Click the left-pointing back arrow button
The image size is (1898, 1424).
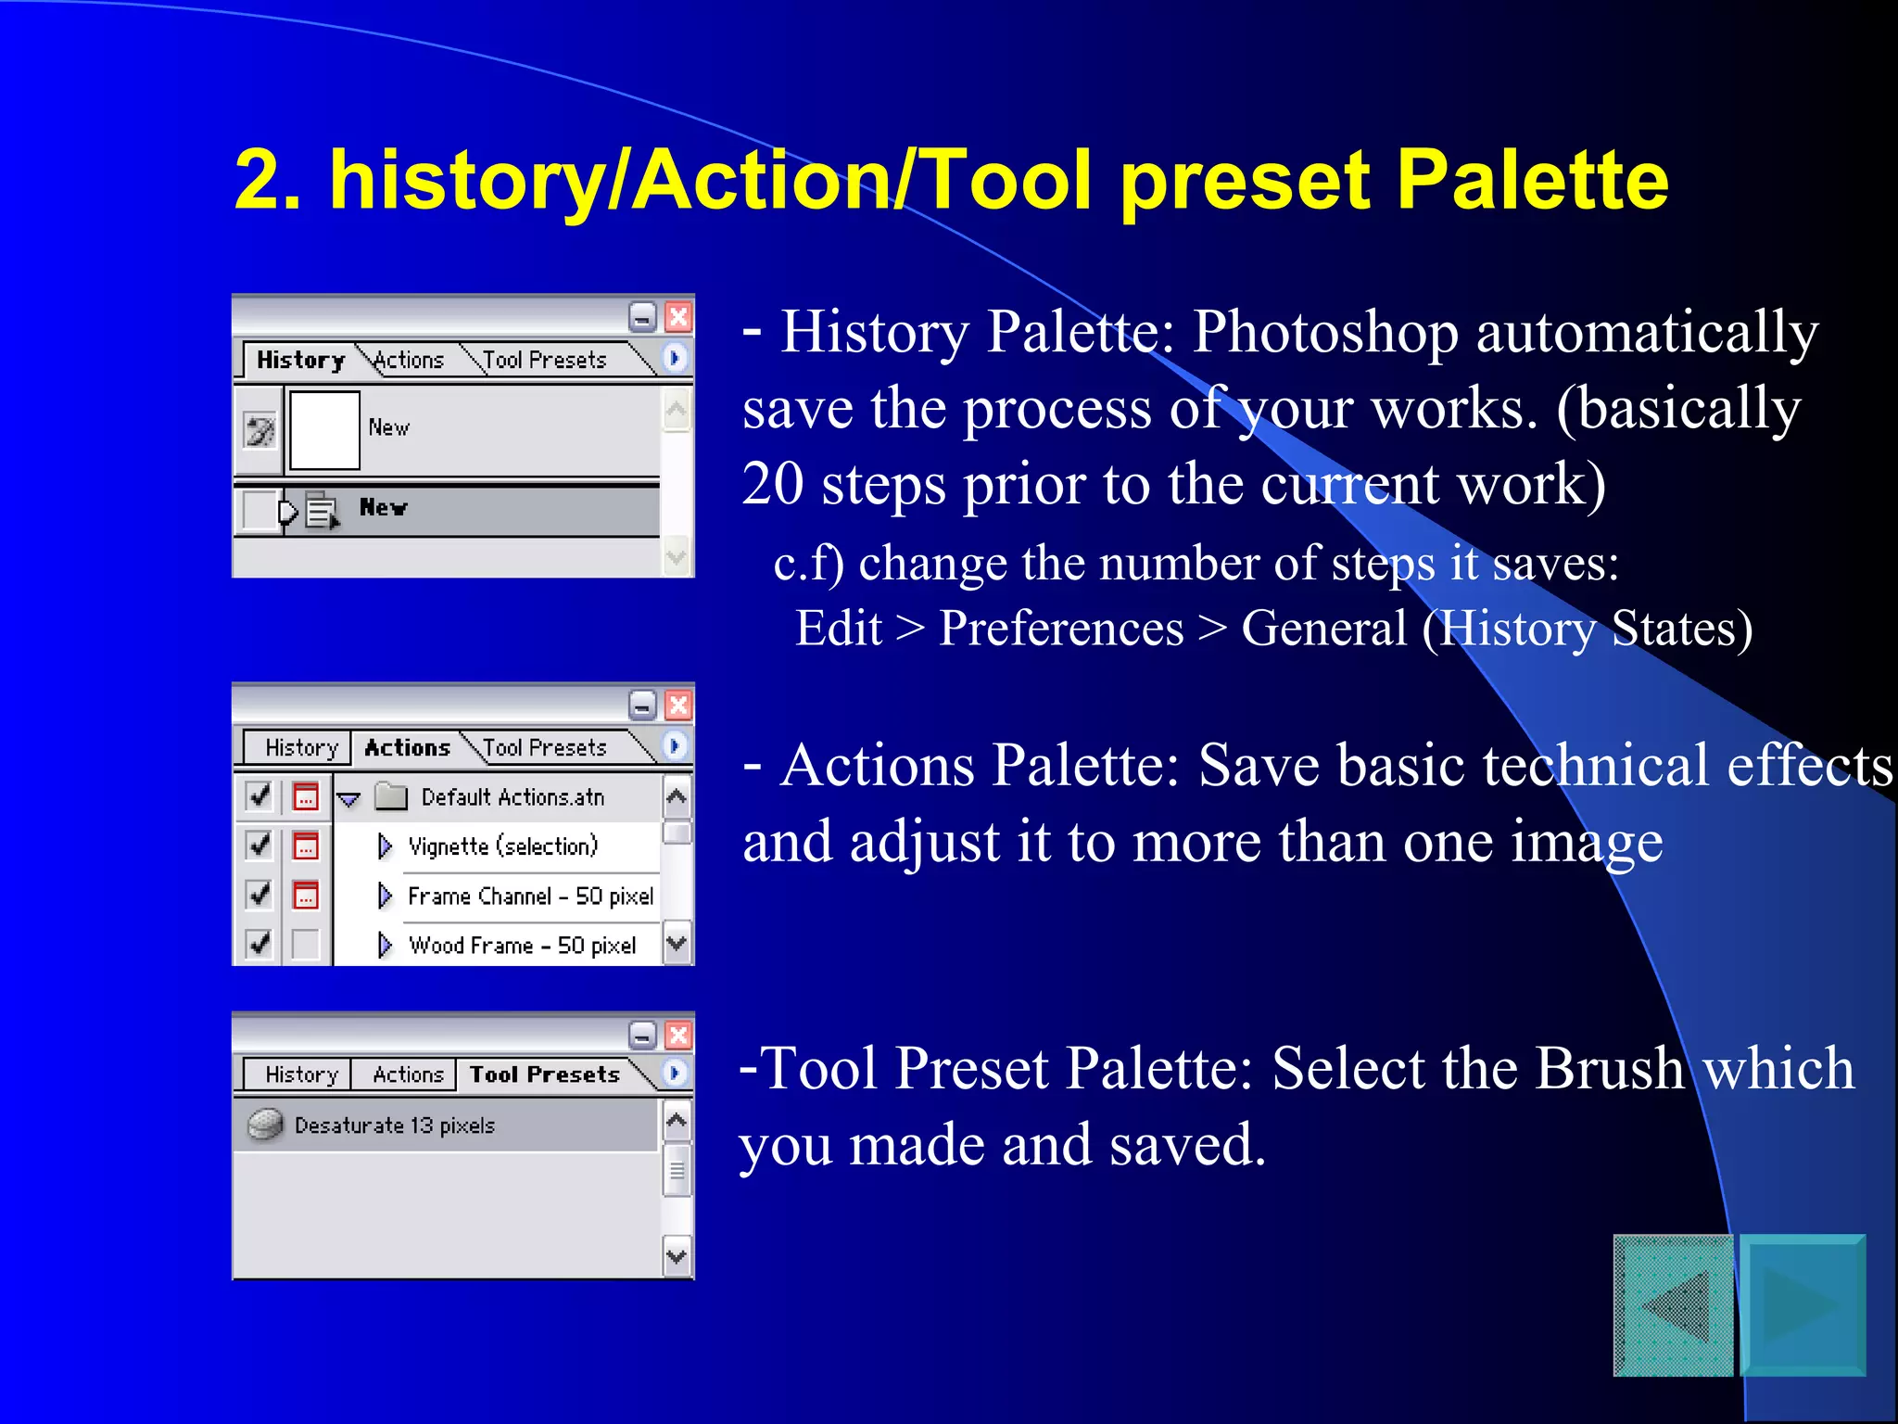1674,1305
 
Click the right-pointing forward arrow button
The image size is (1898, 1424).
1802,1305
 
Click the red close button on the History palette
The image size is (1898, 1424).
678,317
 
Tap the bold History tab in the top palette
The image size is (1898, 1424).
300,360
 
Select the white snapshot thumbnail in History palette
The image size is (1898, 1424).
324,429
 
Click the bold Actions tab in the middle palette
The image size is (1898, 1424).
407,747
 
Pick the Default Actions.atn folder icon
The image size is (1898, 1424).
391,796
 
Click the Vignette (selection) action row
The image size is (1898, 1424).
503,846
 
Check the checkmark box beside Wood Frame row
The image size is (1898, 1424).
259,944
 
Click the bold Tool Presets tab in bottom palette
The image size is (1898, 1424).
544,1074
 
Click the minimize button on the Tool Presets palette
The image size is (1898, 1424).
642,1035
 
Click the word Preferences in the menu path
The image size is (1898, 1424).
1061,629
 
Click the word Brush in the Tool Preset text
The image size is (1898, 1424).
1609,1068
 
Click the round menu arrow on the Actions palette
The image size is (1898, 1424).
676,745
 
